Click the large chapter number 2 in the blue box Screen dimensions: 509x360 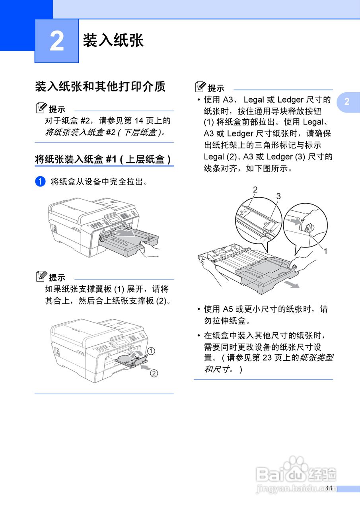pos(56,41)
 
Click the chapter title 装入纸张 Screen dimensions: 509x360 pos(113,41)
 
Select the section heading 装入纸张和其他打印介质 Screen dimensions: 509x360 pos(100,86)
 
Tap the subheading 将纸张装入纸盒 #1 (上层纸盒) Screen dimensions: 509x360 pos(103,159)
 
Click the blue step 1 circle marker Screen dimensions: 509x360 pos(40,182)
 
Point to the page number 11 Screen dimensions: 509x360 pos(329,488)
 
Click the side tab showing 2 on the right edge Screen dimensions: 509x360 pos(347,102)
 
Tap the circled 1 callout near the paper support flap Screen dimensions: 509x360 pos(151,350)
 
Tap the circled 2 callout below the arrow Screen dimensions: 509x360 pos(154,373)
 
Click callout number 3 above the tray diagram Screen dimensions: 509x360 pos(278,196)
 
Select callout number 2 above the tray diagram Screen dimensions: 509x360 pos(255,190)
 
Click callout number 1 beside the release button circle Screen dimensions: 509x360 pos(325,251)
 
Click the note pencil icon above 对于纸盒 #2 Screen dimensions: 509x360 pos(41,108)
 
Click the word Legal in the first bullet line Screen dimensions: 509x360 pos(254,99)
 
